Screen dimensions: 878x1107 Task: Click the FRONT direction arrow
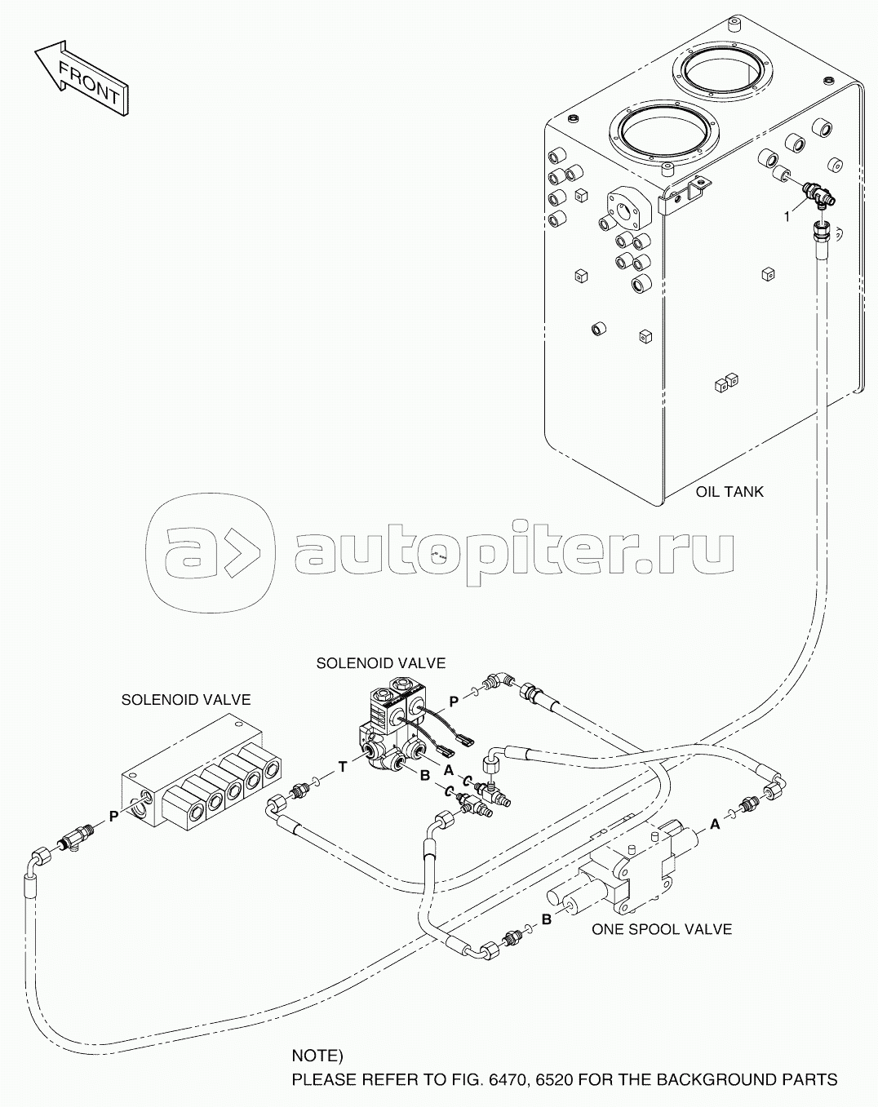82,77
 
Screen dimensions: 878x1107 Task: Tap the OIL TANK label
729,492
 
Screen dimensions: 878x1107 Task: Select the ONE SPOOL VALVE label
661,929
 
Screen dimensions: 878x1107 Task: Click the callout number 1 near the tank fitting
787,218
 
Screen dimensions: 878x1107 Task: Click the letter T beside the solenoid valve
343,768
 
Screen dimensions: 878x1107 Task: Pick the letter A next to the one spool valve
715,825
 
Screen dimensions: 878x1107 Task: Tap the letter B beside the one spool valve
547,919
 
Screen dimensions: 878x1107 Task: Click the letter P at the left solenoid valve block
113,817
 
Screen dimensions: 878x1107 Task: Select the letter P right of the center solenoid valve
454,701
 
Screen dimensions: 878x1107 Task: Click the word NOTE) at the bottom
317,1052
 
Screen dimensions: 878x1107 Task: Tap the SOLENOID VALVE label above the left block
186,700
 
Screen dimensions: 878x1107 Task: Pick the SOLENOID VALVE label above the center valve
381,663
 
